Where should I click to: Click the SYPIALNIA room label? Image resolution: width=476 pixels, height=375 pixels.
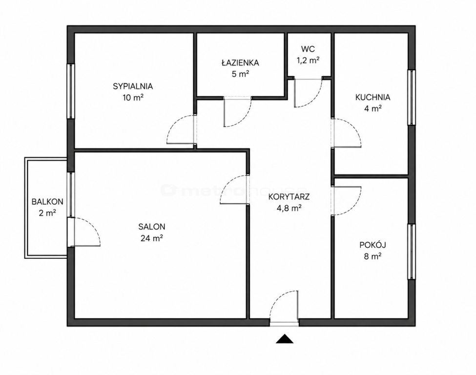tap(133, 86)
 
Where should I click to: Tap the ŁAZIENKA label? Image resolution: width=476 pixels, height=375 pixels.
tap(240, 62)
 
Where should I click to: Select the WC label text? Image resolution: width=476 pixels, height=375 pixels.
tap(308, 48)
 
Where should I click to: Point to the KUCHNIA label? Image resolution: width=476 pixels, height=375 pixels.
tap(373, 98)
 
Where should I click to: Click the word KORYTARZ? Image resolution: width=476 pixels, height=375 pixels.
tap(289, 197)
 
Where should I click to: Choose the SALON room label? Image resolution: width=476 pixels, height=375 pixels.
tap(152, 227)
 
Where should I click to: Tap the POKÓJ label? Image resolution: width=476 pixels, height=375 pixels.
tap(373, 245)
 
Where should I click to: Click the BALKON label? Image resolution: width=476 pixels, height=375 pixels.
tap(47, 202)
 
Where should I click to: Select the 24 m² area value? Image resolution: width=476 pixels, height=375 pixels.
tap(152, 238)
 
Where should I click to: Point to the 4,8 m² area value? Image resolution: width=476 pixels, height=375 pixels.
tap(289, 208)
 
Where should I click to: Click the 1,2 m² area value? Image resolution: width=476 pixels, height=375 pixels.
tap(308, 60)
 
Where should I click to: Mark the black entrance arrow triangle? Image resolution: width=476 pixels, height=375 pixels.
tap(285, 338)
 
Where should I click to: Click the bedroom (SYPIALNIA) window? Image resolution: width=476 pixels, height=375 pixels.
tap(71, 91)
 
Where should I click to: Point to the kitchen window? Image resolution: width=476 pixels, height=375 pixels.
tap(412, 97)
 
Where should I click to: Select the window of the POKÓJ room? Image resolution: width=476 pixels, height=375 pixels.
tap(412, 251)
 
